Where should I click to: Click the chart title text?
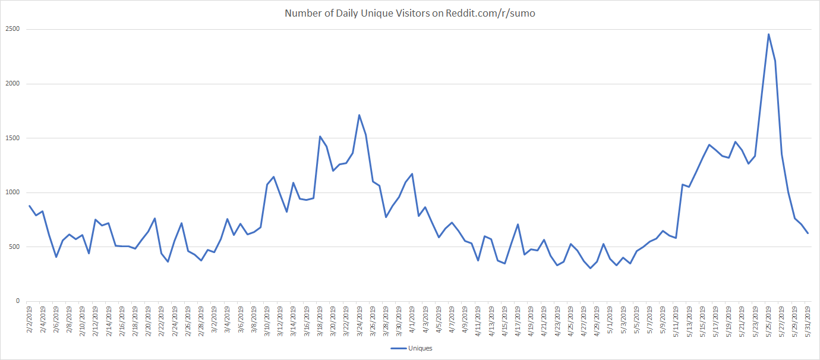[409, 12]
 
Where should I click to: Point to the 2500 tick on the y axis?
[13, 29]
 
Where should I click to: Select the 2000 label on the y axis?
[13, 84]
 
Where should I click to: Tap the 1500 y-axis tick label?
[13, 138]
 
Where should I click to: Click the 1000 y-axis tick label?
[13, 192]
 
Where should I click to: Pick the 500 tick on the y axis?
[15, 247]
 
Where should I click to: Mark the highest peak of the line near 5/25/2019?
[768, 34]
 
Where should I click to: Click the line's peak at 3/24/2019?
[359, 115]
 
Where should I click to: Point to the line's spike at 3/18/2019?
[320, 136]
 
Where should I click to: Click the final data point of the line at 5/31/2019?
[808, 233]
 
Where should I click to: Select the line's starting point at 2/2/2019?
[30, 206]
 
